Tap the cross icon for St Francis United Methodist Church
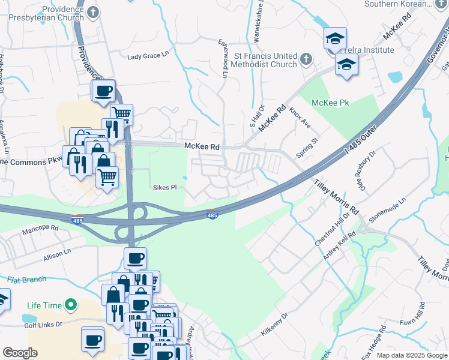tap(306, 59)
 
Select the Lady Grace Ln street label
tap(148, 56)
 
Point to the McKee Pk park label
tap(335, 103)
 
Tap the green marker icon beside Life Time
tap(71, 305)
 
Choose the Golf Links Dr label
tap(43, 325)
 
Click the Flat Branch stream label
tap(27, 280)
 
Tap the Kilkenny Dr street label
tap(275, 324)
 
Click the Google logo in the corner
tap(20, 353)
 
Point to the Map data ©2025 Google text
tap(412, 355)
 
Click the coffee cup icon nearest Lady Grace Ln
tap(103, 91)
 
